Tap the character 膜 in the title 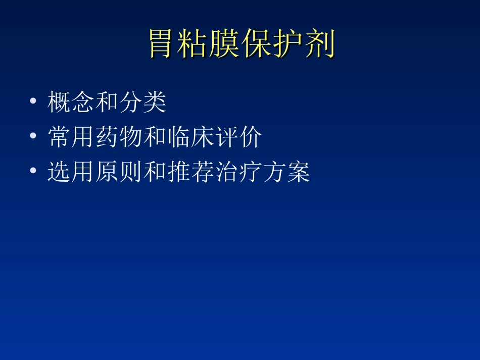[227, 44]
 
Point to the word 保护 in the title [274, 44]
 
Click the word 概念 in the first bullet [71, 102]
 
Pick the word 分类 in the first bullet [142, 102]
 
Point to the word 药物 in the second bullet [119, 137]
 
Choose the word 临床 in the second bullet [190, 137]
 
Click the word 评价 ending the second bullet [237, 137]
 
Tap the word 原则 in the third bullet [119, 172]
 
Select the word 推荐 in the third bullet [190, 172]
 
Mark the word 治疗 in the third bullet [237, 172]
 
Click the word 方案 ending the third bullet [285, 172]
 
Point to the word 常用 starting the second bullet [71, 137]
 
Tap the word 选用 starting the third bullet [71, 172]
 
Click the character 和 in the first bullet [107, 102]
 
